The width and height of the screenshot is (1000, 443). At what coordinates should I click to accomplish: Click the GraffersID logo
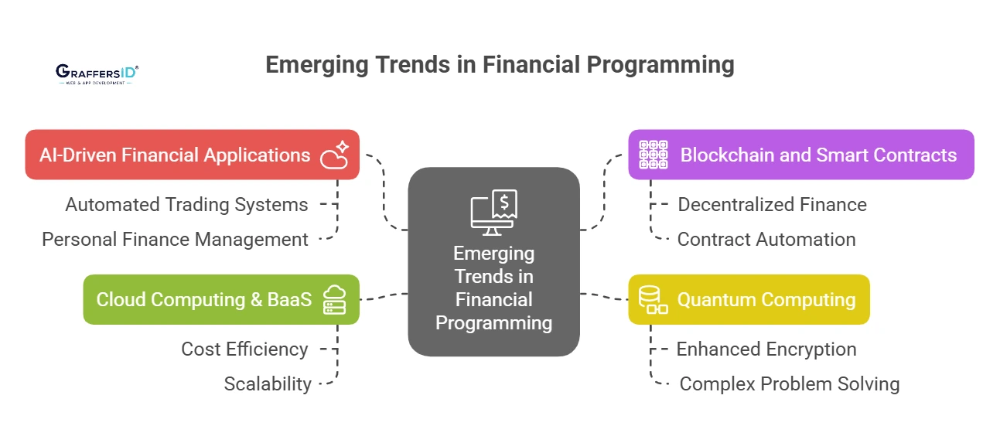pyautogui.click(x=97, y=74)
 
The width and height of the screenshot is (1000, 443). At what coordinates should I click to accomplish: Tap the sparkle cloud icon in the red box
pyautogui.click(x=334, y=155)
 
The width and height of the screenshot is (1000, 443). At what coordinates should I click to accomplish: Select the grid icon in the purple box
pyautogui.click(x=653, y=155)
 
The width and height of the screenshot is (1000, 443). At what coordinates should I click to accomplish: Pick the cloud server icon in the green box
pyautogui.click(x=334, y=299)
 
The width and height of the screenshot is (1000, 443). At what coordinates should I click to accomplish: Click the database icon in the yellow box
pyautogui.click(x=653, y=299)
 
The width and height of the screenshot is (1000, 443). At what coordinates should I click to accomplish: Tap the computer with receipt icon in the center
pyautogui.click(x=493, y=213)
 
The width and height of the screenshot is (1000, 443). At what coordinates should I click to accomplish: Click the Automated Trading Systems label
pyautogui.click(x=186, y=205)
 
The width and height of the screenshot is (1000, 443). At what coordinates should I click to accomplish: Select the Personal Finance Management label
pyautogui.click(x=175, y=240)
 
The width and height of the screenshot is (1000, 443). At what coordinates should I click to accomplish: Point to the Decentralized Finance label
pyautogui.click(x=773, y=205)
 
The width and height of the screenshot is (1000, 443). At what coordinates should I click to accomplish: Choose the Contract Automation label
pyautogui.click(x=766, y=240)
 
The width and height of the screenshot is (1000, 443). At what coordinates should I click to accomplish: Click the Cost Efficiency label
pyautogui.click(x=244, y=349)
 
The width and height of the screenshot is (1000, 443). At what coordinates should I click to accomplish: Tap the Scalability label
pyautogui.click(x=268, y=384)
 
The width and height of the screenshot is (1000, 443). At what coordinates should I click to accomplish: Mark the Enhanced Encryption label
pyautogui.click(x=766, y=349)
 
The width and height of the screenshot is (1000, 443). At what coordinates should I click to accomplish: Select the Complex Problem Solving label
pyautogui.click(x=790, y=384)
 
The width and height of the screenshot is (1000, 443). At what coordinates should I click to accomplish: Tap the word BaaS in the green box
pyautogui.click(x=289, y=300)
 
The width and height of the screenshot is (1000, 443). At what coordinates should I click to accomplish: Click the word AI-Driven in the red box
pyautogui.click(x=77, y=155)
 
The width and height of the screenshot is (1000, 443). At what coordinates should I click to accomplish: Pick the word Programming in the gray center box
pyautogui.click(x=493, y=323)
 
